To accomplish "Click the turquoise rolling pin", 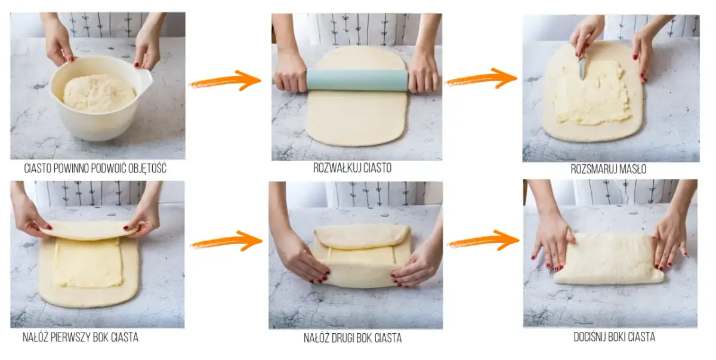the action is pyautogui.click(x=357, y=80).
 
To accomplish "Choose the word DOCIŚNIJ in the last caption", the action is pyautogui.click(x=592, y=337).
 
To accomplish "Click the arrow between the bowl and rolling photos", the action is pyautogui.click(x=226, y=81).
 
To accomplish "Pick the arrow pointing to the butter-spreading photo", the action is pyautogui.click(x=481, y=79).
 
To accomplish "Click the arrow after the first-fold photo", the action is pyautogui.click(x=226, y=241).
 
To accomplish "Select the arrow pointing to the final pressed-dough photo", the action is pyautogui.click(x=483, y=241).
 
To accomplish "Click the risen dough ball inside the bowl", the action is pyautogui.click(x=99, y=93).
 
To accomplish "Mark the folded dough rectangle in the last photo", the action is pyautogui.click(x=609, y=259).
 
